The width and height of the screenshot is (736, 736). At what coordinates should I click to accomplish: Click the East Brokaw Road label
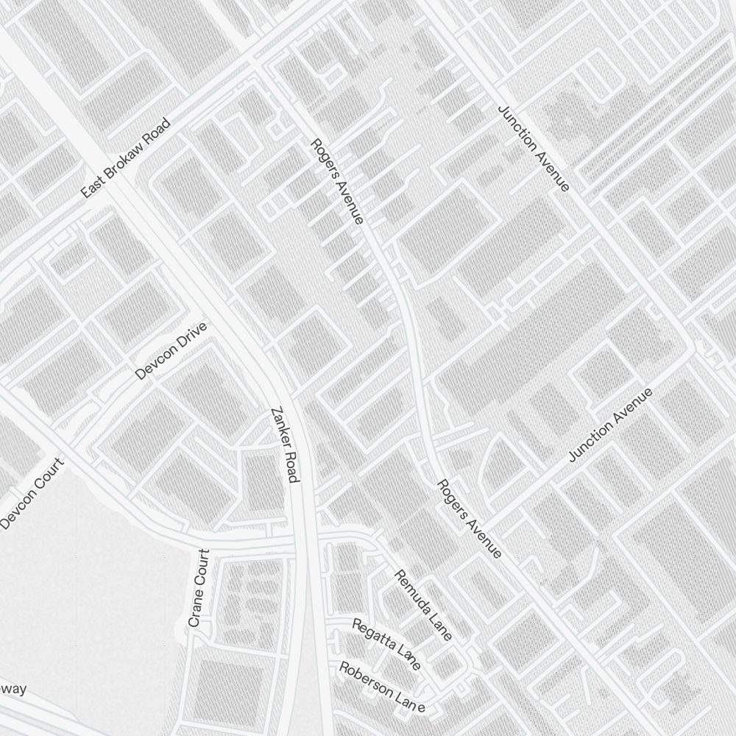pos(126,158)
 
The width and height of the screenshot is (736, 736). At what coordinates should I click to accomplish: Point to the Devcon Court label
pos(33,494)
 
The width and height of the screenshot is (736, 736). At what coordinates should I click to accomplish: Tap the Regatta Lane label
pos(386,645)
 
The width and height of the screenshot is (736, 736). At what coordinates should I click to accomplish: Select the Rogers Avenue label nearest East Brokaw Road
pos(337,181)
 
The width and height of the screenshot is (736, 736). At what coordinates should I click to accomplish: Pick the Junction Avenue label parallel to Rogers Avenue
pos(534,147)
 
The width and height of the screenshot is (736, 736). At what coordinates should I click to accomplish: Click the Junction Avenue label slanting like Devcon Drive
pos(611,425)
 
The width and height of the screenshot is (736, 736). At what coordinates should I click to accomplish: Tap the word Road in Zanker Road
pos(290,468)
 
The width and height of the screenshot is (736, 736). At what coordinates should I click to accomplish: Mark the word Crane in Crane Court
pos(195,611)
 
